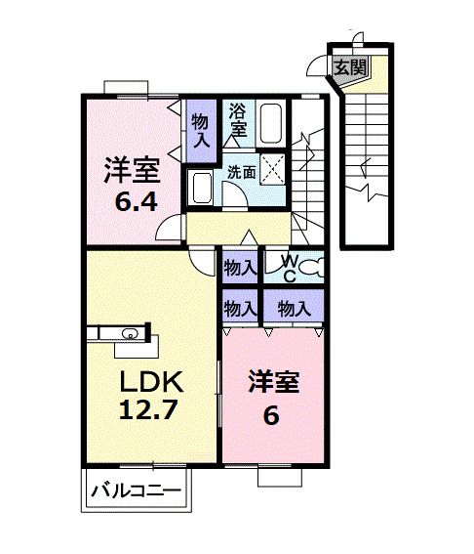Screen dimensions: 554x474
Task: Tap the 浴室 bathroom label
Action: [238, 119]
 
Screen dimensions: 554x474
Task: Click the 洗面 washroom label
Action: [242, 171]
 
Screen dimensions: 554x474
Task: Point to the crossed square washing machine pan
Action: [273, 170]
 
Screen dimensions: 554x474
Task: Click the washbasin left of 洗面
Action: [203, 186]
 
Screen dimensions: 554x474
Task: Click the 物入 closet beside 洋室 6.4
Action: [200, 130]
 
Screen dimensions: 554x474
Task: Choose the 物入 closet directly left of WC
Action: [240, 266]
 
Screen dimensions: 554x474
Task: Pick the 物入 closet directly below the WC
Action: [294, 309]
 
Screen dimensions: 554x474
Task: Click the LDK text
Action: [147, 379]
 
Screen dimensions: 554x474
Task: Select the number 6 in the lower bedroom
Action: [271, 414]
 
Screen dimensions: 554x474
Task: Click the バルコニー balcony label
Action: [135, 491]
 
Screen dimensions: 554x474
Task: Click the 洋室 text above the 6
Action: [272, 381]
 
